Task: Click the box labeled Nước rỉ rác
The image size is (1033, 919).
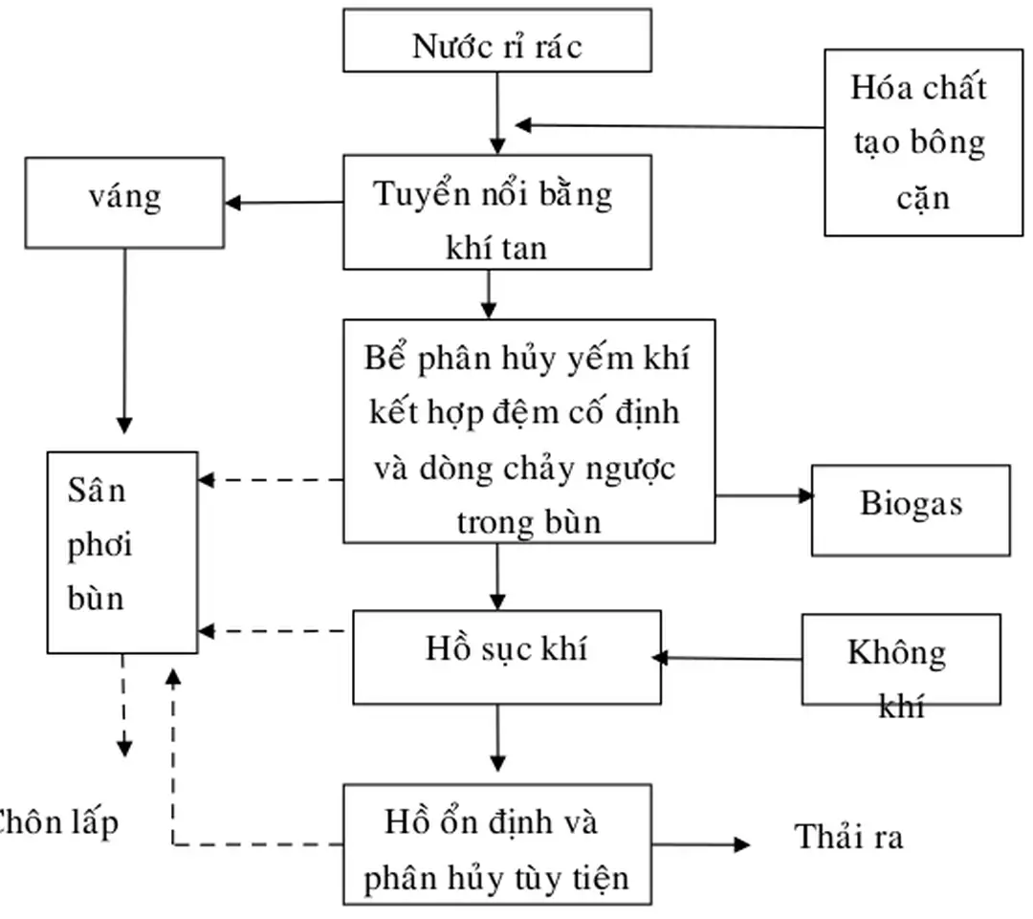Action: coord(496,40)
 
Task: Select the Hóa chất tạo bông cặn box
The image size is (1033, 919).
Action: coord(923,142)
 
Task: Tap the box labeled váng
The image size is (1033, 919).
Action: coord(124,202)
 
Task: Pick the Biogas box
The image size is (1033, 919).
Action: coord(910,510)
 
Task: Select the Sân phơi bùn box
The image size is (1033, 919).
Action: coord(122,552)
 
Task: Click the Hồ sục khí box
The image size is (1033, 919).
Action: coord(506,657)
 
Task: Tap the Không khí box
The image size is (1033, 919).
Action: coord(900,659)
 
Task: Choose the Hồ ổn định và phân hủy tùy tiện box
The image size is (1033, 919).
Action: coord(496,844)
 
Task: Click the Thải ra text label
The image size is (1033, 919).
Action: coord(848,837)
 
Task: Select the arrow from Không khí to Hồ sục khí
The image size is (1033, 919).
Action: coord(727,658)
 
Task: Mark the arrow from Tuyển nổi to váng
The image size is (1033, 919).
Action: coord(284,202)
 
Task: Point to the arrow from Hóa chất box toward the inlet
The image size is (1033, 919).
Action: coord(670,125)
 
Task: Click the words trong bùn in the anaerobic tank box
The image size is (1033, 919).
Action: coord(529,522)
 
